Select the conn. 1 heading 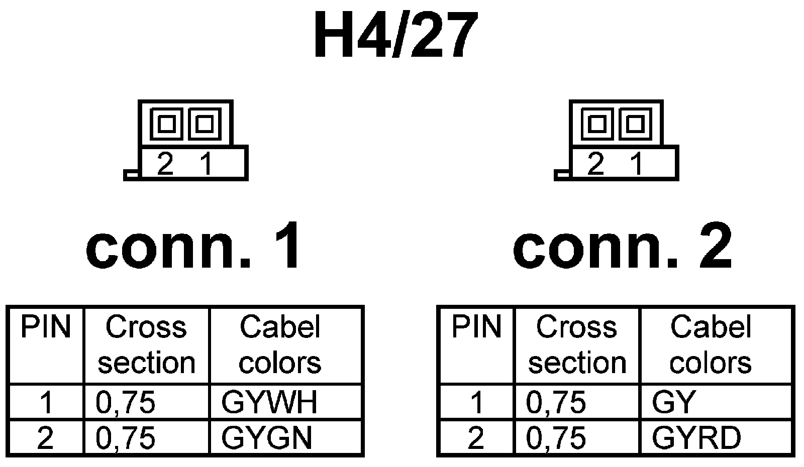[x=194, y=247]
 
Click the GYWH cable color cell [x=269, y=402]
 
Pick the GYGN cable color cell [x=267, y=438]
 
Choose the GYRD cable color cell [x=696, y=438]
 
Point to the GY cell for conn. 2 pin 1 [x=673, y=402]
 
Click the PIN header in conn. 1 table [x=46, y=327]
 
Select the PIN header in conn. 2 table [x=476, y=327]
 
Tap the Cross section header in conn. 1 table [x=146, y=345]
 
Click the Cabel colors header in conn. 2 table [x=711, y=345]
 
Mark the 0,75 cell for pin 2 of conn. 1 [x=126, y=438]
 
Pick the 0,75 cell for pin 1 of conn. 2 [x=556, y=402]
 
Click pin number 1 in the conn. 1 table [x=46, y=402]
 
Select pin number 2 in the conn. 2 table [x=476, y=438]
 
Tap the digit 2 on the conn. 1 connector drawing [x=165, y=164]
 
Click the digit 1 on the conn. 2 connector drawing [x=637, y=164]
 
